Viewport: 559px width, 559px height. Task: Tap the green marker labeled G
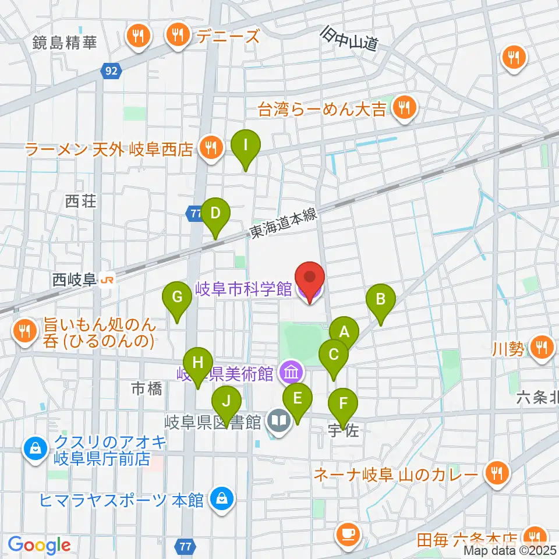pyautogui.click(x=178, y=298)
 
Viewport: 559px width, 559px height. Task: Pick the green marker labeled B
pyautogui.click(x=381, y=300)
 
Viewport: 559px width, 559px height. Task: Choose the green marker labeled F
pyautogui.click(x=344, y=403)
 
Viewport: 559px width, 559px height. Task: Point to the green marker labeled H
pyautogui.click(x=198, y=363)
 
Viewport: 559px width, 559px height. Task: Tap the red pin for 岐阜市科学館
pyautogui.click(x=310, y=278)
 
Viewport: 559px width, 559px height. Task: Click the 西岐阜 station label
pyautogui.click(x=74, y=280)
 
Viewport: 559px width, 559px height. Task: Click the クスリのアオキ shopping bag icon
pyautogui.click(x=36, y=449)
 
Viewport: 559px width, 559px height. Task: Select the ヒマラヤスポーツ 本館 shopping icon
pyautogui.click(x=222, y=498)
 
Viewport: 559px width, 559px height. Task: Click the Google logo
pyautogui.click(x=39, y=546)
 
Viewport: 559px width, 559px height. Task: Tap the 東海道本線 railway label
pyautogui.click(x=284, y=224)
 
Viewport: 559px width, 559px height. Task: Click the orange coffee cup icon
pyautogui.click(x=349, y=533)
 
